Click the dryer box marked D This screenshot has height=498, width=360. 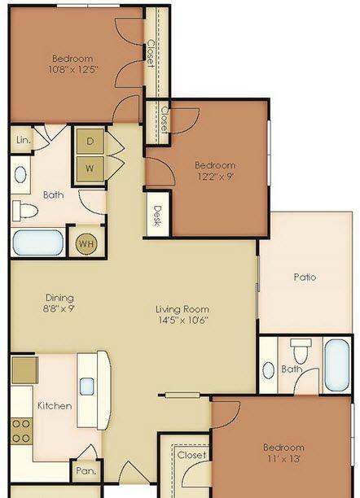(x=90, y=141)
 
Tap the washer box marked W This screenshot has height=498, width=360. (x=90, y=168)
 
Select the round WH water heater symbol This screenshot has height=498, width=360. (x=86, y=244)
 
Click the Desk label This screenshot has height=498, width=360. (x=157, y=216)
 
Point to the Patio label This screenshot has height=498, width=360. (x=305, y=277)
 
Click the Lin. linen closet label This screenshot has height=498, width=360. (x=24, y=139)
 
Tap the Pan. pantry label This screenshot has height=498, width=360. (x=86, y=470)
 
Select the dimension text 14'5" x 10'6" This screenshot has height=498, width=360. (x=183, y=320)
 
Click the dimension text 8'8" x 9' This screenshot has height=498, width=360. (x=59, y=308)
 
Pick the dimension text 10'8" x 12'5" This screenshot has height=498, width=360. (x=72, y=69)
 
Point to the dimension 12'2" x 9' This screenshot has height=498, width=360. (x=215, y=176)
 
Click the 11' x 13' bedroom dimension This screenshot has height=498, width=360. (x=283, y=458)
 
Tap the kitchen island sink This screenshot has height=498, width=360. (x=86, y=387)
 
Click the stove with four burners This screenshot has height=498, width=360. (x=22, y=431)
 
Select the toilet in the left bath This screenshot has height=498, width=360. (x=25, y=211)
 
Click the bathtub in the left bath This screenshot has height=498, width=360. (x=38, y=242)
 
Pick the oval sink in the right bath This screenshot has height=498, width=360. (x=269, y=370)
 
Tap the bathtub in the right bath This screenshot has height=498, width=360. (x=337, y=365)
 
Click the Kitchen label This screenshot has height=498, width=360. (x=55, y=405)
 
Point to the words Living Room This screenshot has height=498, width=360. (x=182, y=309)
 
